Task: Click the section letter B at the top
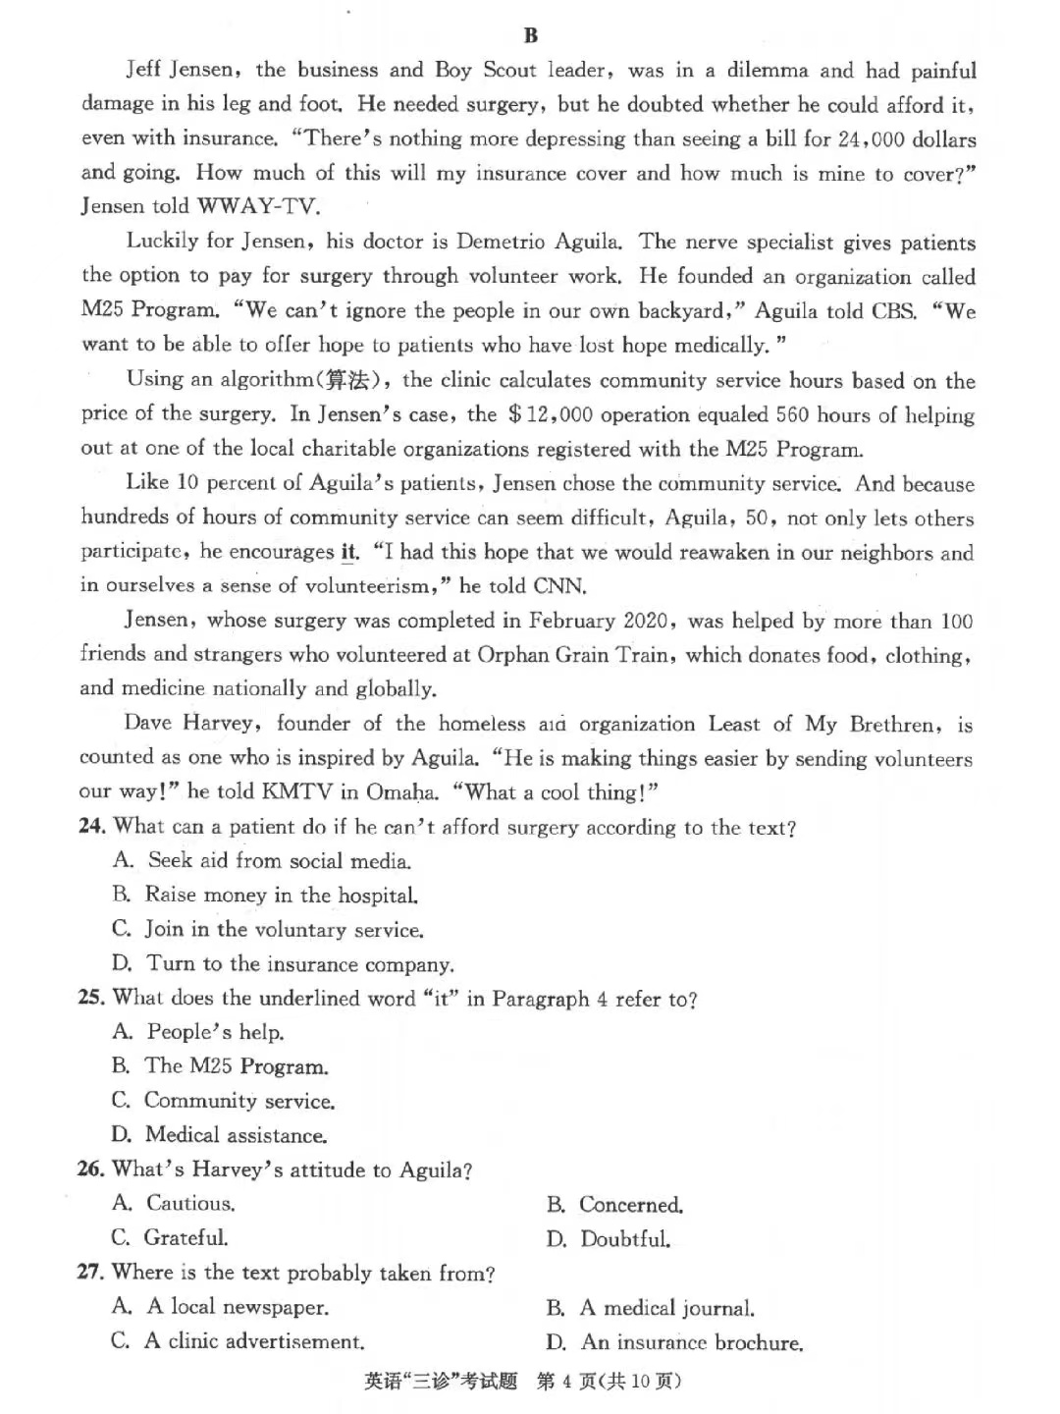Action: [x=531, y=36]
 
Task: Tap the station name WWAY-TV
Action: [x=259, y=206]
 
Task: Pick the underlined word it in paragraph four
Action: [x=349, y=552]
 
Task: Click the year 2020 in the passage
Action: [x=643, y=621]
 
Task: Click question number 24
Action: [x=91, y=827]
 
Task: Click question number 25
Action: [x=91, y=998]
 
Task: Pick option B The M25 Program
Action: [x=236, y=1066]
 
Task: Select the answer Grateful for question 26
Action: [x=185, y=1237]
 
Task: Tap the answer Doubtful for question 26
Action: [x=625, y=1239]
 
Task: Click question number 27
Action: [x=90, y=1273]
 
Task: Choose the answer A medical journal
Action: [x=666, y=1308]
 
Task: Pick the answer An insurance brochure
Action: [x=692, y=1342]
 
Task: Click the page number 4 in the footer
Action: [x=566, y=1382]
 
